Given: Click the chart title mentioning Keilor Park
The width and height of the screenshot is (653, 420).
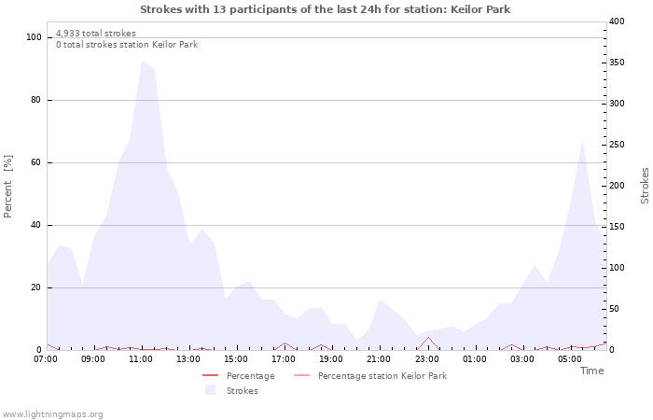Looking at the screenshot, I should pyautogui.click(x=326, y=9).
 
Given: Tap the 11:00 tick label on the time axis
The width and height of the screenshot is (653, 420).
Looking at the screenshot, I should pyautogui.click(x=141, y=358).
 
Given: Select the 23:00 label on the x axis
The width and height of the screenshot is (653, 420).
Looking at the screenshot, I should pyautogui.click(x=427, y=358).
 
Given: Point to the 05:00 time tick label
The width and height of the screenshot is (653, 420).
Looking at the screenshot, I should pyautogui.click(x=570, y=358).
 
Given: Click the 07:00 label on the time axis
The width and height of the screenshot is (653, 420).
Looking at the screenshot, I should pyautogui.click(x=46, y=358).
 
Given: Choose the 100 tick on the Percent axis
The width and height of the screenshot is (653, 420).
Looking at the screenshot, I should pyautogui.click(x=35, y=37).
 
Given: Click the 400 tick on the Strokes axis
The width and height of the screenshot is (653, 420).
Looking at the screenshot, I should pyautogui.click(x=617, y=21).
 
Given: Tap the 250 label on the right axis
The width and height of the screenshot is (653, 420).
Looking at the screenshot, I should pyautogui.click(x=617, y=145).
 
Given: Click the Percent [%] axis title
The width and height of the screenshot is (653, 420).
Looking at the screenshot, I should pyautogui.click(x=8, y=187).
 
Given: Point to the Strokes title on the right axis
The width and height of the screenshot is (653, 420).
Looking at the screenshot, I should pyautogui.click(x=645, y=186).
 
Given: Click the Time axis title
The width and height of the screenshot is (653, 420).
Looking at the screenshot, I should pyautogui.click(x=591, y=371).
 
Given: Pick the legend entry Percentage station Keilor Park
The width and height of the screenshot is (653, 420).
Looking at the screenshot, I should pyautogui.click(x=382, y=376).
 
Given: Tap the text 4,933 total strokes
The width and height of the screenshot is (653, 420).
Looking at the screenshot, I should pyautogui.click(x=96, y=34).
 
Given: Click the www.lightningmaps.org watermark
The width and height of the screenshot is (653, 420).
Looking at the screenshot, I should pyautogui.click(x=52, y=414).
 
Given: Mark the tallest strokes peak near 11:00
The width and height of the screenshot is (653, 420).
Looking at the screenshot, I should pyautogui.click(x=143, y=62).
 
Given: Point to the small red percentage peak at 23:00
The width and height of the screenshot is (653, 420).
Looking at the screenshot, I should pyautogui.click(x=428, y=338).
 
